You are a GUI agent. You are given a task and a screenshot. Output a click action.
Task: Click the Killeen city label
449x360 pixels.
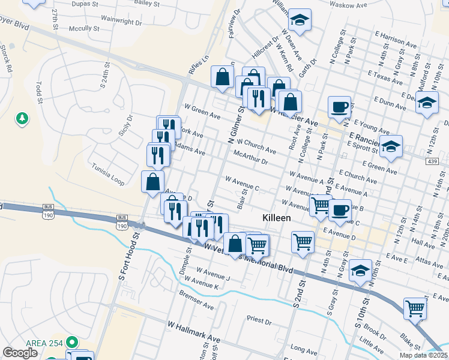point(277,218)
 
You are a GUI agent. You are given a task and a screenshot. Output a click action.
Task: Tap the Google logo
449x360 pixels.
point(20,353)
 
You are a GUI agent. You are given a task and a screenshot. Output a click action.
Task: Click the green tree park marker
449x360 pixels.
point(23,118)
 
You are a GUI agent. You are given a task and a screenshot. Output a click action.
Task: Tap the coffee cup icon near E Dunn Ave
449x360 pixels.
point(339,106)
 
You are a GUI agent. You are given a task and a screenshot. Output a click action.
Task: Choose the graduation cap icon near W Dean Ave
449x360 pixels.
point(299,19)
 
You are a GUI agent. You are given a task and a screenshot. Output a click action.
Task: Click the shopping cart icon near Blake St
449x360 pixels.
point(415,308)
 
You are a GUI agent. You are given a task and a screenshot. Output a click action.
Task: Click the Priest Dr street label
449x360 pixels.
point(259,320)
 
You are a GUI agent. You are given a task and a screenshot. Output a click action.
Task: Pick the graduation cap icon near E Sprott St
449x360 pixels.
point(390,146)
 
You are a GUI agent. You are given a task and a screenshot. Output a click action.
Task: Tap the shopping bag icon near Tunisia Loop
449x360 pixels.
point(152,181)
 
